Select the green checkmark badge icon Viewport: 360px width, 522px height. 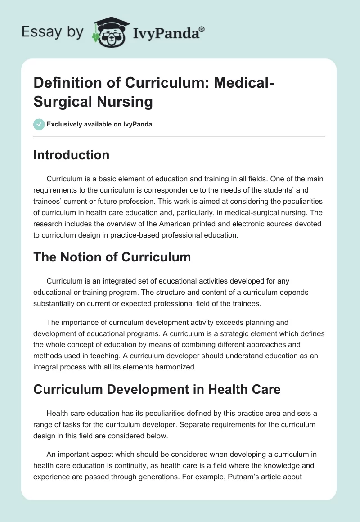pyautogui.click(x=39, y=124)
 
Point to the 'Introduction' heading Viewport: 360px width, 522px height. pyautogui.click(x=71, y=155)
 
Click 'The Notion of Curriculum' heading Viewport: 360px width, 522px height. pyautogui.click(x=112, y=257)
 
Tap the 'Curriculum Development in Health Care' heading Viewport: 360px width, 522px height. pyautogui.click(x=157, y=389)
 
